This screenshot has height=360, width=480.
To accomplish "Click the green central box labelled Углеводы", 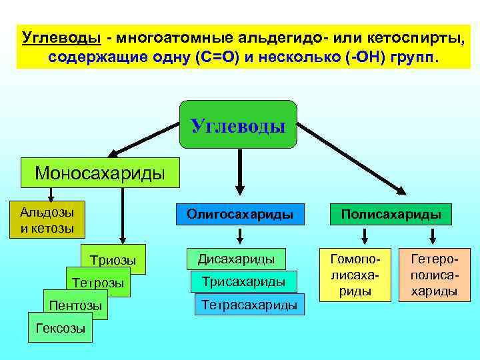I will tap(238, 125).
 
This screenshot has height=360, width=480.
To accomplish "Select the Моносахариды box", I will tap(100, 173).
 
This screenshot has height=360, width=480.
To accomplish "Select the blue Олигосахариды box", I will tap(240, 215).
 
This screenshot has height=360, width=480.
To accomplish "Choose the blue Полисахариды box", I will tap(391, 215).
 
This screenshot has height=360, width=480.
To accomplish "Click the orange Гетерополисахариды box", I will tap(433, 274).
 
